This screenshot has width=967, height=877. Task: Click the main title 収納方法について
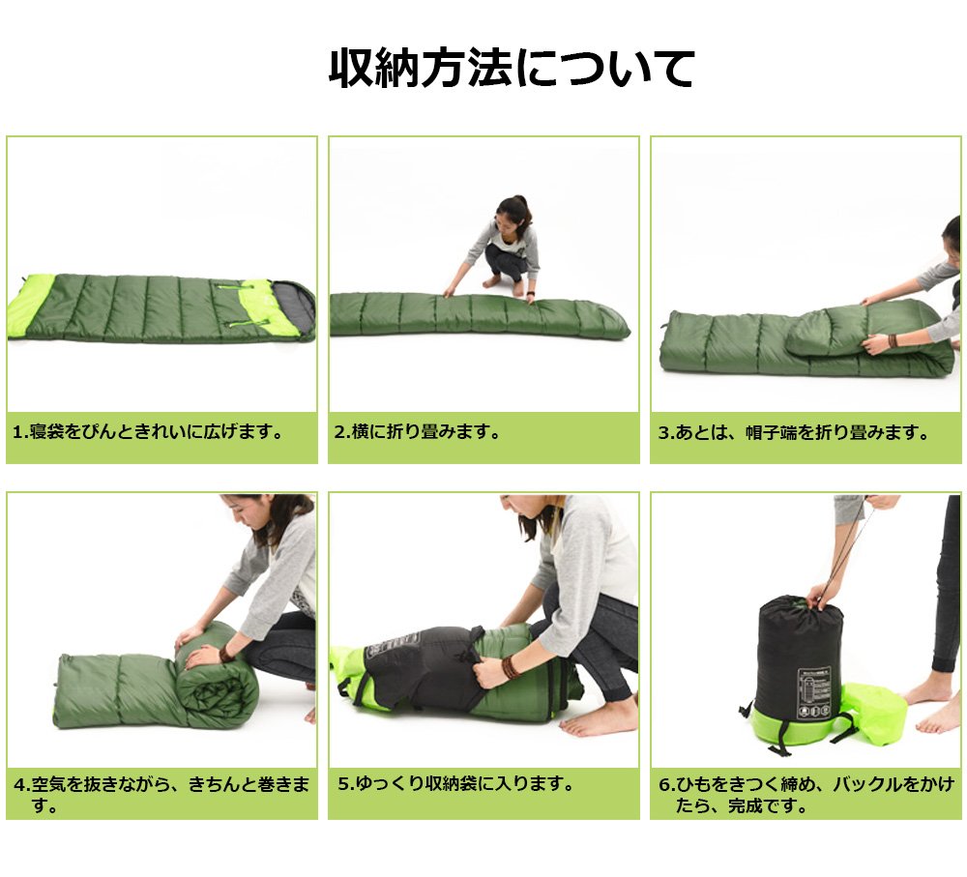pos(512,68)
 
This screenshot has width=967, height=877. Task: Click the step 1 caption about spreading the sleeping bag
pos(148,431)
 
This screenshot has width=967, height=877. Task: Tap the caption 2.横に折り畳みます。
pos(417,431)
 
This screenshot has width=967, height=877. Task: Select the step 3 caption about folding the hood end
pos(794,432)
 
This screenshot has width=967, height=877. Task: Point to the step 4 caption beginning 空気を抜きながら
pos(161,795)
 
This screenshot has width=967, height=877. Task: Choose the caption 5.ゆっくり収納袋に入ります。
pos(455,783)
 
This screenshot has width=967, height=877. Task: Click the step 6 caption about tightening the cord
pos(806,795)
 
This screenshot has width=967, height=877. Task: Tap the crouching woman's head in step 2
pos(513,216)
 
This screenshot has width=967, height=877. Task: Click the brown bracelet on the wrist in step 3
pos(892,341)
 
